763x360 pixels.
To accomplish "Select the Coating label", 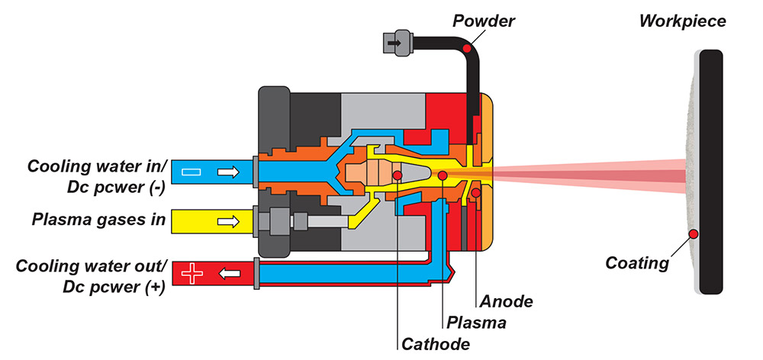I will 636,263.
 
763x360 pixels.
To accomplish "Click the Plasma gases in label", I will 98,221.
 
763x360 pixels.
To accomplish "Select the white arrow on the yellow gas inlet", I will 227,222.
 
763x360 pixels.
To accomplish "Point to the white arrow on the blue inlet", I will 227,173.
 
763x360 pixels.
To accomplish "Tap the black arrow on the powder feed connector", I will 394,44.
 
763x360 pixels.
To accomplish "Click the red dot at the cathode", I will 398,175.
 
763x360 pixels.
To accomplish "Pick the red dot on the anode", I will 476,193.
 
